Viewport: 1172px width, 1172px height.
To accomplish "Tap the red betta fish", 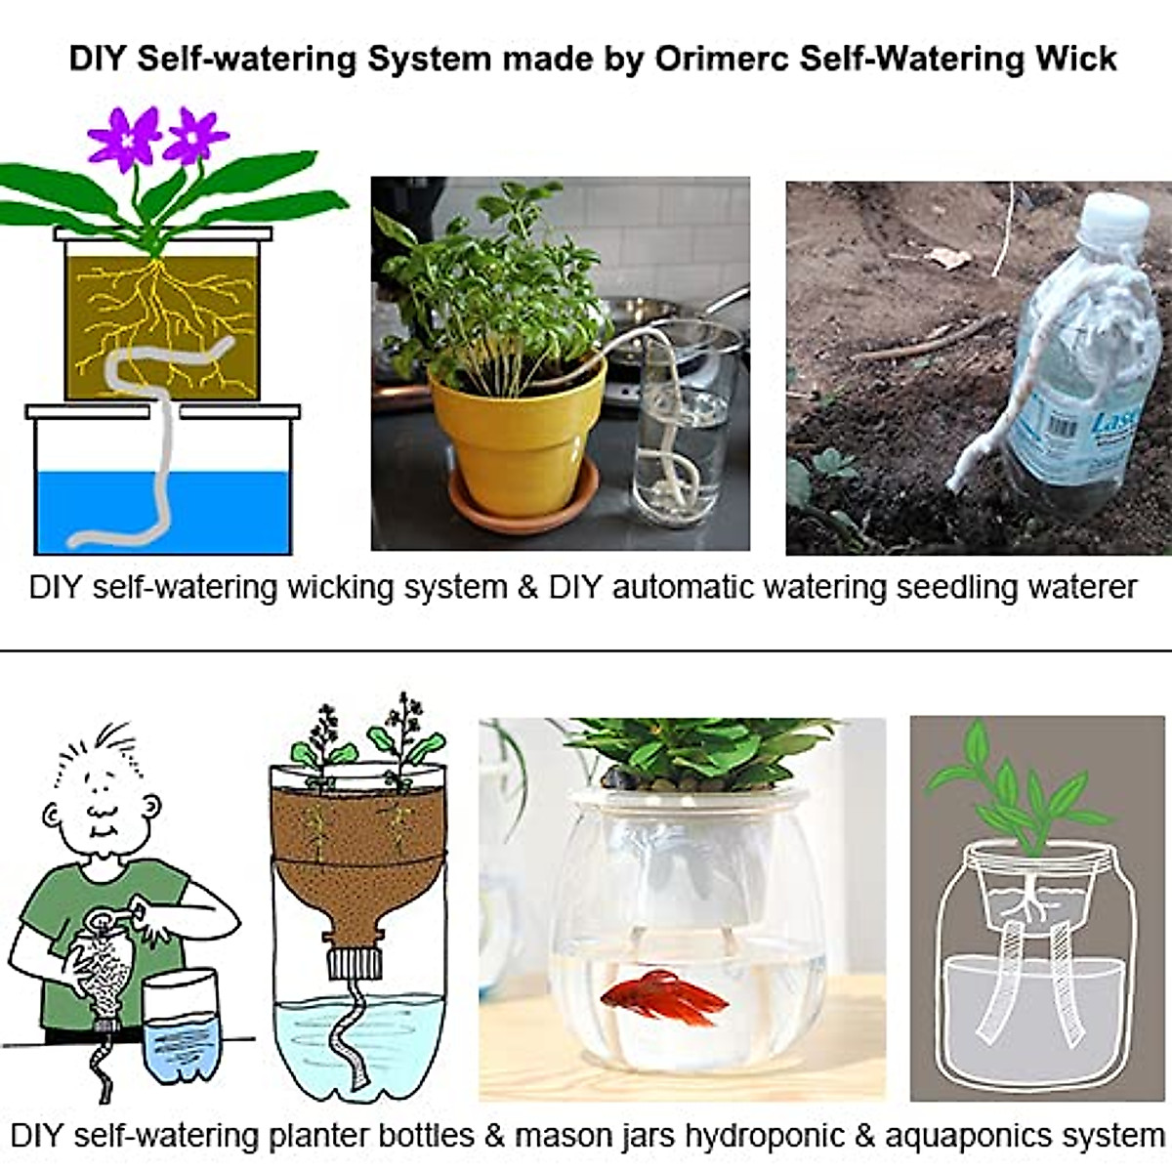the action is (664, 996).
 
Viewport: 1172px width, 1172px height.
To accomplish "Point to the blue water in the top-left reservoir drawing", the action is (164, 512).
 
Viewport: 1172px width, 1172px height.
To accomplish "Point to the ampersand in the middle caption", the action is (528, 588).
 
